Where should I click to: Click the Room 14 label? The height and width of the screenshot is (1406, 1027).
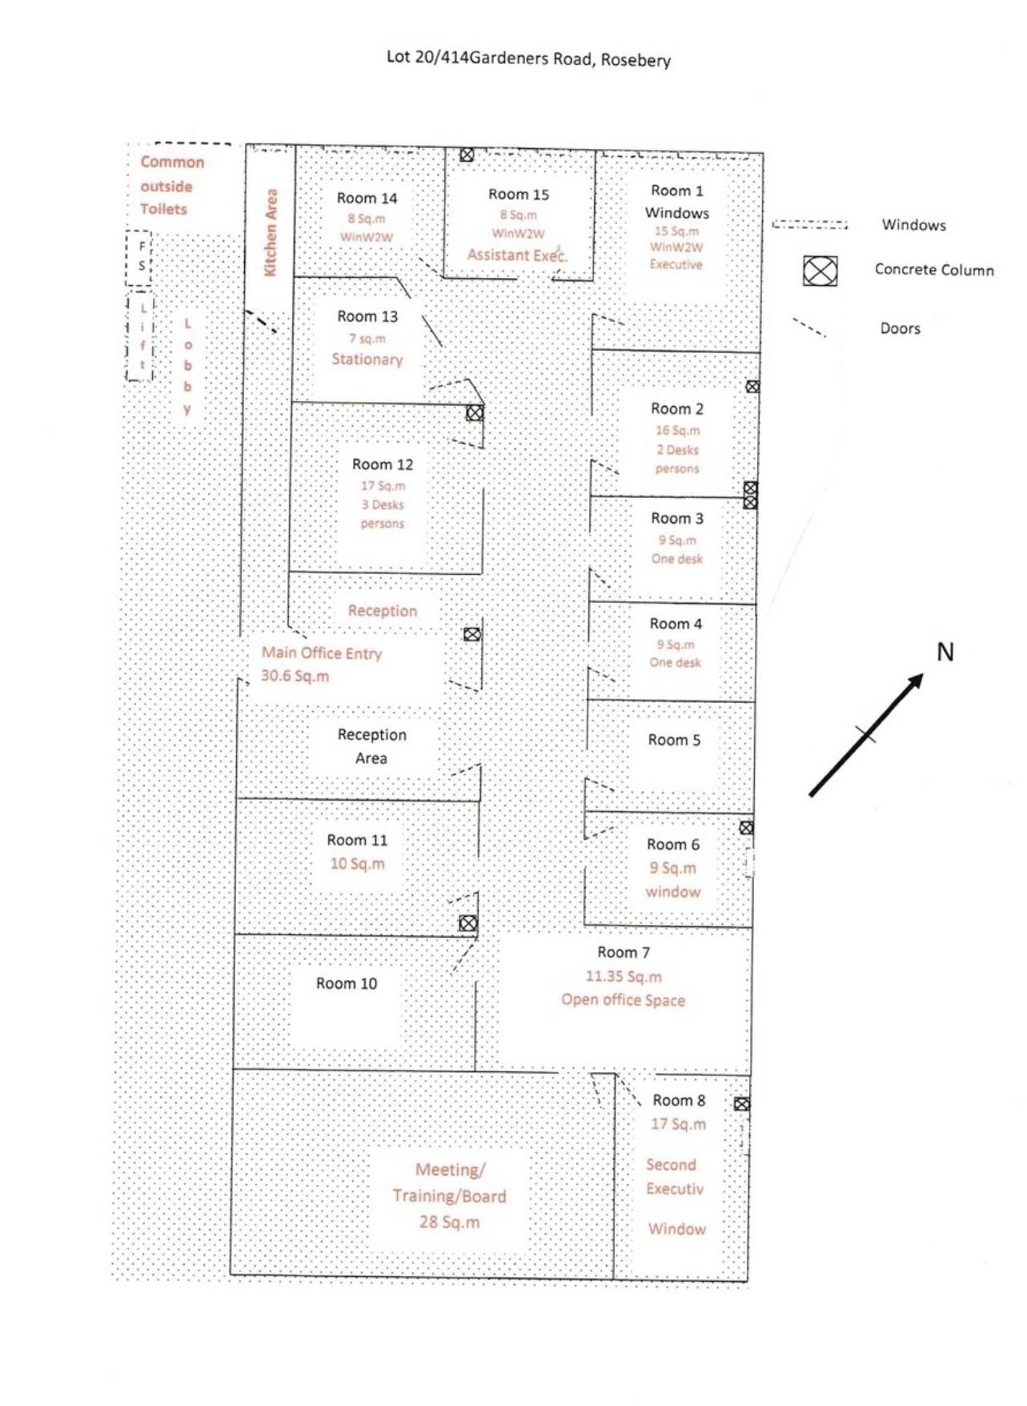click(x=367, y=199)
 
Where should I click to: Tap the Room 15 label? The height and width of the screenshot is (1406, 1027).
click(x=519, y=195)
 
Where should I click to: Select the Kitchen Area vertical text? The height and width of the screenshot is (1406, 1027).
click(x=271, y=232)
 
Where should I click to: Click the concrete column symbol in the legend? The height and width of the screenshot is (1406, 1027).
click(x=820, y=271)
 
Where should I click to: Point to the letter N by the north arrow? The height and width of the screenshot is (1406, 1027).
click(x=945, y=652)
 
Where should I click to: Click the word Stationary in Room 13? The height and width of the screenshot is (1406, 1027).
click(x=367, y=360)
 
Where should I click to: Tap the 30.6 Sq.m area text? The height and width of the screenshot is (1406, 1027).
click(x=295, y=676)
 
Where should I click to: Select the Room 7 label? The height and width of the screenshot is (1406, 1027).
click(x=624, y=952)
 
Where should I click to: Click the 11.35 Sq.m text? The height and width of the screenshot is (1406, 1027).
click(x=624, y=976)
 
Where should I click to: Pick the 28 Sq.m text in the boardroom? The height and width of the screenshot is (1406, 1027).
click(x=449, y=1222)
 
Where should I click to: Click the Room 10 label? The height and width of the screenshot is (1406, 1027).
click(x=347, y=983)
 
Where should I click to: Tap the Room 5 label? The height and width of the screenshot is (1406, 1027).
click(x=674, y=740)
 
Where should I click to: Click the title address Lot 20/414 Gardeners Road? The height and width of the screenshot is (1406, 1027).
click(x=528, y=58)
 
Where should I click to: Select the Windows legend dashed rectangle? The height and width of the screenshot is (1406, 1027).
click(x=809, y=225)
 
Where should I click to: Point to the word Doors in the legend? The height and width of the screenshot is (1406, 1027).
click(x=900, y=328)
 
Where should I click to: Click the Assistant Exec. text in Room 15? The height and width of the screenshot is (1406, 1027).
click(x=517, y=255)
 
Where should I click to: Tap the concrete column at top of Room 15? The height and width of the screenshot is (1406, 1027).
click(x=467, y=155)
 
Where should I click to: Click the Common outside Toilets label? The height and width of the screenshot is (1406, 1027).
click(x=171, y=186)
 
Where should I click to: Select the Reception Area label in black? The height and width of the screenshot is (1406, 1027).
click(x=371, y=746)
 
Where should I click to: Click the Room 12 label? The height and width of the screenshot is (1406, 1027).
click(x=383, y=464)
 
